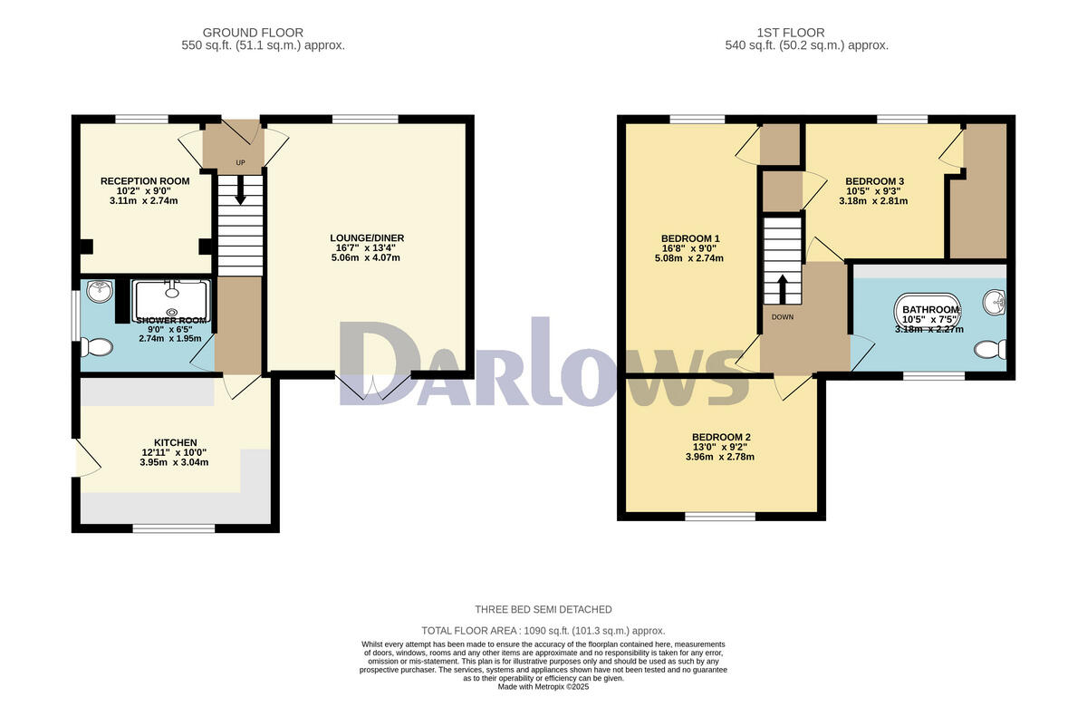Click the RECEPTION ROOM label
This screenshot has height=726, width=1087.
coord(145,181)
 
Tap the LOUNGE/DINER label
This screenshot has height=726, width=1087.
coord(367,238)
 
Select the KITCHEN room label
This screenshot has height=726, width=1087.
coord(175,442)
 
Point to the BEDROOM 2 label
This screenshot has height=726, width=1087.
coord(721,437)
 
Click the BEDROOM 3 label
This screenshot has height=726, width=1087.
coord(875,181)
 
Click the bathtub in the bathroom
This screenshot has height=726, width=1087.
coord(928,311)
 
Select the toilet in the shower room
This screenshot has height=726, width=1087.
coord(96,347)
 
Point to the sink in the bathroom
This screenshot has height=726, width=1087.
coord(996,302)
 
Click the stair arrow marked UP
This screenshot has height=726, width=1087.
coord(240,190)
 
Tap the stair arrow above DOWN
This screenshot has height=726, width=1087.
coord(781,288)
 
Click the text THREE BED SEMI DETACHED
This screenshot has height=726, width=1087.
coord(543,609)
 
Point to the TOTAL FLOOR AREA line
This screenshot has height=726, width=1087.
coord(543,631)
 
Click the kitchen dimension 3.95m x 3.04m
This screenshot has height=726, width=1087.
coord(175,462)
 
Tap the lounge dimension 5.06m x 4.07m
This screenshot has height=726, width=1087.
coord(367,258)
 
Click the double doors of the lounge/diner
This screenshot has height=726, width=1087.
coord(374,387)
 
